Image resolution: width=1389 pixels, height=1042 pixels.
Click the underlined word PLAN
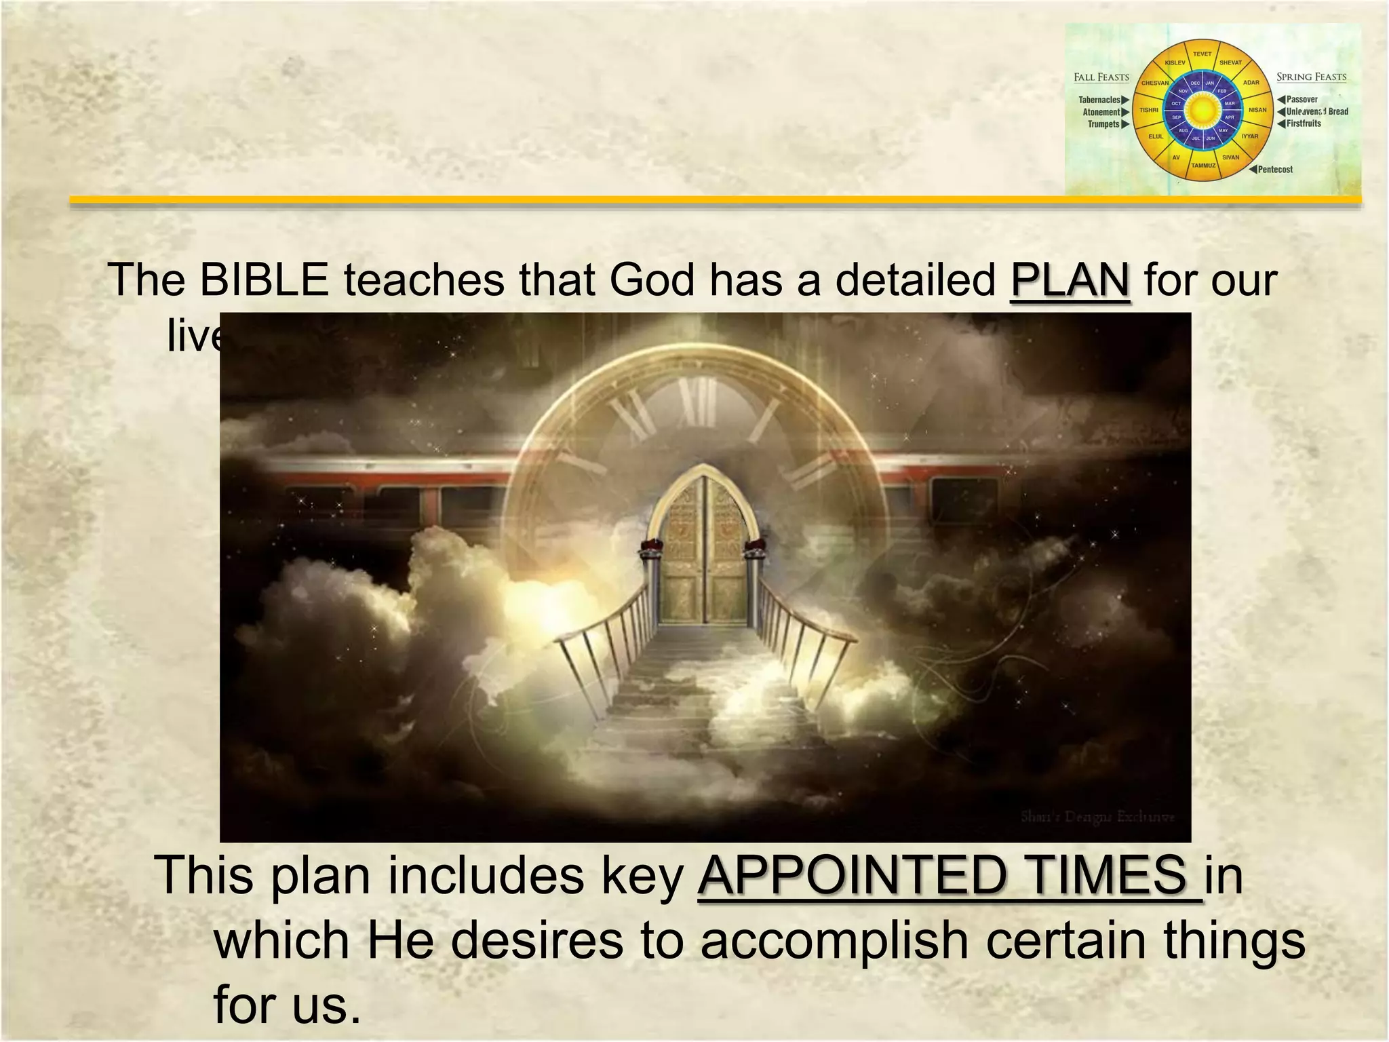click(x=1070, y=280)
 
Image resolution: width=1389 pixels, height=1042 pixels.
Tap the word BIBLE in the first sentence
click(x=264, y=280)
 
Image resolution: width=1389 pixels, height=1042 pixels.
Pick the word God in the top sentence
click(x=652, y=280)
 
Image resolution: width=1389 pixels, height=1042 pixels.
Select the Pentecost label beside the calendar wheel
click(x=1275, y=170)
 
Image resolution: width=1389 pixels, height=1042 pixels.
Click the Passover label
click(x=1302, y=100)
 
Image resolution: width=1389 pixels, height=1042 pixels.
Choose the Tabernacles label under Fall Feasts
click(x=1099, y=100)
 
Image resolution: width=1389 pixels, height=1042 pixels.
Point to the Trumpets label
click(x=1103, y=124)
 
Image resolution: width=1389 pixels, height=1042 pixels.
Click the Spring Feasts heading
click(x=1311, y=77)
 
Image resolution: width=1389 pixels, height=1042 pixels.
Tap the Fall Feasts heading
click(x=1101, y=77)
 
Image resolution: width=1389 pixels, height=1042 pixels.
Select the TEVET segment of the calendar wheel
click(x=1202, y=54)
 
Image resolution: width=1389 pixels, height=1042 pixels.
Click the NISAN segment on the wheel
click(x=1257, y=110)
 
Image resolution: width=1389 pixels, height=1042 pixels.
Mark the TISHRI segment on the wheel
click(x=1149, y=110)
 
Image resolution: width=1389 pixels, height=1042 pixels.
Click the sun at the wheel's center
click(x=1202, y=109)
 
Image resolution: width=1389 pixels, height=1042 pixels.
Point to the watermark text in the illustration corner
click(x=1097, y=817)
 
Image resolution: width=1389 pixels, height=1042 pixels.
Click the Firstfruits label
click(x=1304, y=123)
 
